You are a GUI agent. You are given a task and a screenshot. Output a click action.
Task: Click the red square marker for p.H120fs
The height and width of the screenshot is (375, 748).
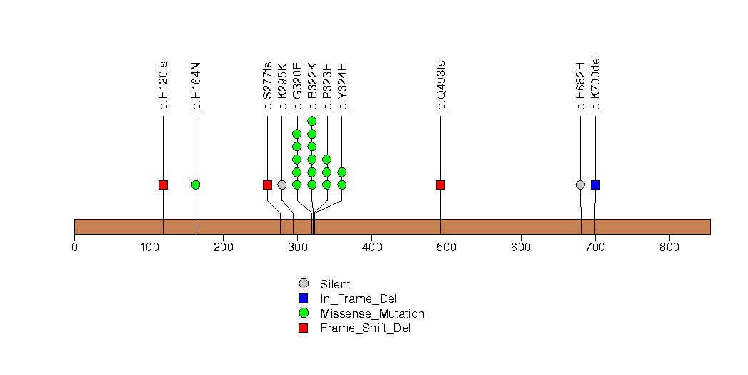tap(163, 185)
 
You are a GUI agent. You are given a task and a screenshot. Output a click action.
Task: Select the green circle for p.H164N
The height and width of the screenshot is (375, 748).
tap(196, 185)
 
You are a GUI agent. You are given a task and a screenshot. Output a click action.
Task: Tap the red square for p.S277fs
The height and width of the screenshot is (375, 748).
tap(267, 185)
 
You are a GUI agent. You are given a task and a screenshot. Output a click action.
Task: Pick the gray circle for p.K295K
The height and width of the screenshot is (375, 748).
tap(282, 185)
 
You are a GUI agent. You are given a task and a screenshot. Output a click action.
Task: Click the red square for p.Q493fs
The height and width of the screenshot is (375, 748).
tap(440, 185)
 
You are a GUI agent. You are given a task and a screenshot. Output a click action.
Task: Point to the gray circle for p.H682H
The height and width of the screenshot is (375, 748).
tap(580, 185)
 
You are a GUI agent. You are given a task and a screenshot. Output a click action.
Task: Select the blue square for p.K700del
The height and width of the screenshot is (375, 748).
tap(595, 185)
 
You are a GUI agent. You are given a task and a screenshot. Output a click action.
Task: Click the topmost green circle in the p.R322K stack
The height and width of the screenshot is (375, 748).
tap(312, 121)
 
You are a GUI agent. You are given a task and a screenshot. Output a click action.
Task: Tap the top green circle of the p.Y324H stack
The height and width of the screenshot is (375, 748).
tap(341, 172)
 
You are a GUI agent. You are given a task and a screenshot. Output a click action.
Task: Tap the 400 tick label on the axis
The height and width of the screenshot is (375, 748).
tap(371, 248)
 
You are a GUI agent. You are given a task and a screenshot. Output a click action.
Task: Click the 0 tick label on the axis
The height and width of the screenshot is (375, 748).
tap(74, 248)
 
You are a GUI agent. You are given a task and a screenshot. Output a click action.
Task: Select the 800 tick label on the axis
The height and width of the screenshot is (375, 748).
tap(669, 248)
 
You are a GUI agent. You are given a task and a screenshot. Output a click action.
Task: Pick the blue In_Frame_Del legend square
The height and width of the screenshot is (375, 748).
tap(304, 298)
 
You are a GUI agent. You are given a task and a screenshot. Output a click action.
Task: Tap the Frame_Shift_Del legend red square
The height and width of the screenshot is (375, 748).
tap(304, 328)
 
